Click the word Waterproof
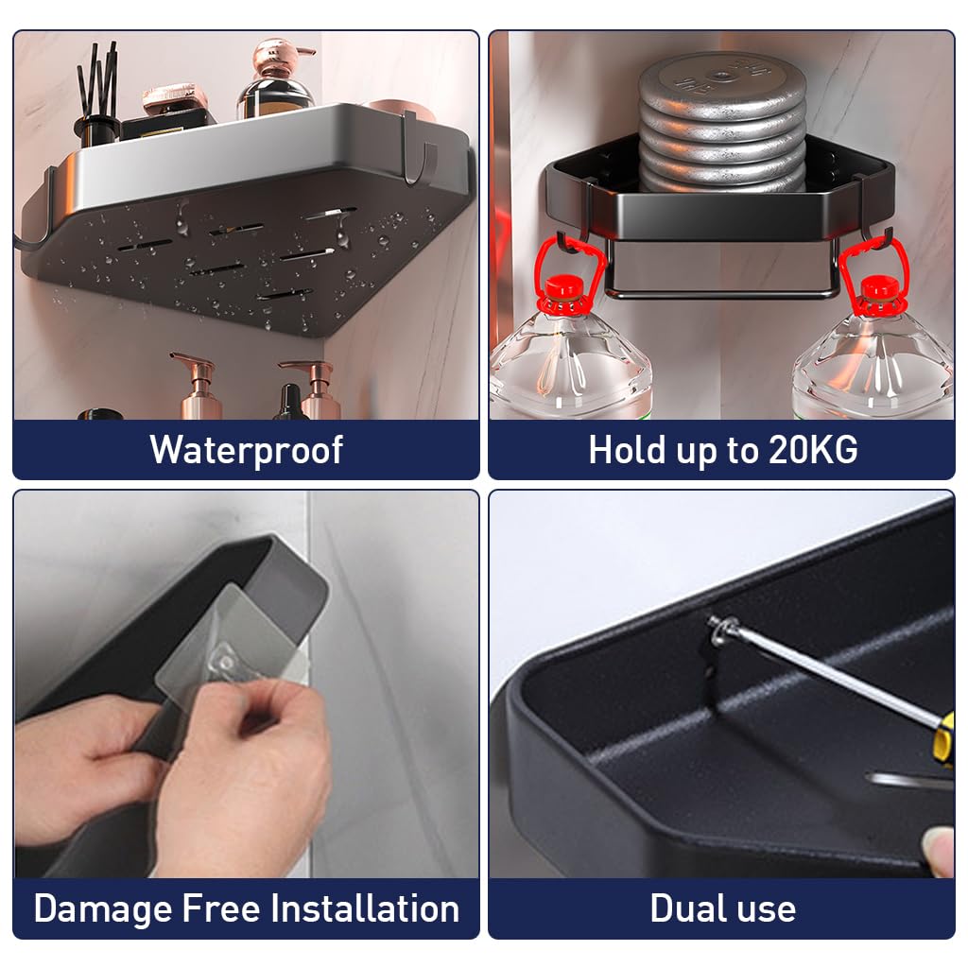point(247,450)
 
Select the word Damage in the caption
point(102,910)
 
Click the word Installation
point(365,908)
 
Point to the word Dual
point(686,908)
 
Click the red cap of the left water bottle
point(564,287)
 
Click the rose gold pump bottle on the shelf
point(276,79)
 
